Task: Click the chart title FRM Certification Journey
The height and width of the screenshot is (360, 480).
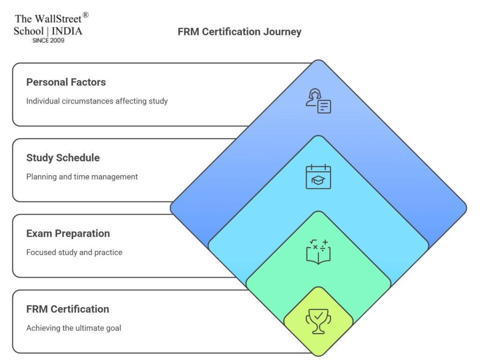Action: coord(240,32)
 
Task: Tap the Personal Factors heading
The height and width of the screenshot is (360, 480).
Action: coord(66,82)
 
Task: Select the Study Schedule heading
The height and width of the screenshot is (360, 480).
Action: coord(63,157)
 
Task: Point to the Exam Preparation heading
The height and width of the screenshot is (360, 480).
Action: coord(68,233)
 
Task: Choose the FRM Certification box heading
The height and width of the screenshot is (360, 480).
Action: coord(67,309)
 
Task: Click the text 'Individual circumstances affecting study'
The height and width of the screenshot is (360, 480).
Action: coord(97,101)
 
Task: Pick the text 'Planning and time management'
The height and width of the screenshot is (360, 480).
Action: coord(82,177)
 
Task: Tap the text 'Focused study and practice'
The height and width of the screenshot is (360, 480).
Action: coord(74,252)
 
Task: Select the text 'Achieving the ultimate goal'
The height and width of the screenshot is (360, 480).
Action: coord(74,328)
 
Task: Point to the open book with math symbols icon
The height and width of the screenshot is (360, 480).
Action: coord(318,252)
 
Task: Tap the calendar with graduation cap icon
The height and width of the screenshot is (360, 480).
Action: coord(318,177)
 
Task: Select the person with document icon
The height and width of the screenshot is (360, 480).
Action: coord(318,101)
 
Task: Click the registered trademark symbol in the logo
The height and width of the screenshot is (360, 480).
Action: coord(85,15)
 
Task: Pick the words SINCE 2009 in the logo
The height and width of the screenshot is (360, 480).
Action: coord(48,40)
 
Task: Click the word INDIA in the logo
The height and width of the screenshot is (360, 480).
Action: coord(67,31)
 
